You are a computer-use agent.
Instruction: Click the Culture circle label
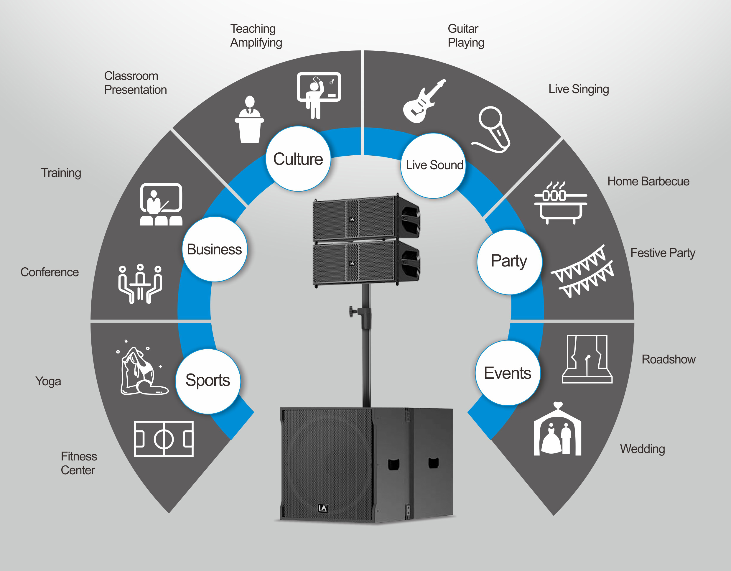[298, 159]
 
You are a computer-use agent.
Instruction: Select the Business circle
[215, 249]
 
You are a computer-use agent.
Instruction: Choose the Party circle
[509, 262]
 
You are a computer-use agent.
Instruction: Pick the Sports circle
[208, 381]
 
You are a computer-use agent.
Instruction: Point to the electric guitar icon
[424, 101]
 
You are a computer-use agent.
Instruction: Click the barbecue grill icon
[561, 203]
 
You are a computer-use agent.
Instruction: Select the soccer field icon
[164, 439]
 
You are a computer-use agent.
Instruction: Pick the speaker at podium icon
[249, 119]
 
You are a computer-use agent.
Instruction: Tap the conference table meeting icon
[140, 284]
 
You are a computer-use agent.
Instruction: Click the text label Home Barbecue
[648, 181]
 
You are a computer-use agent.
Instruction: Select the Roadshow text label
[669, 359]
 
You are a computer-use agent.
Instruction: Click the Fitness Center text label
[79, 463]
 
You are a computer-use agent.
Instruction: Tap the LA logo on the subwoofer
[323, 508]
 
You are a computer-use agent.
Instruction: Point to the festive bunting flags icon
[582, 271]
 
